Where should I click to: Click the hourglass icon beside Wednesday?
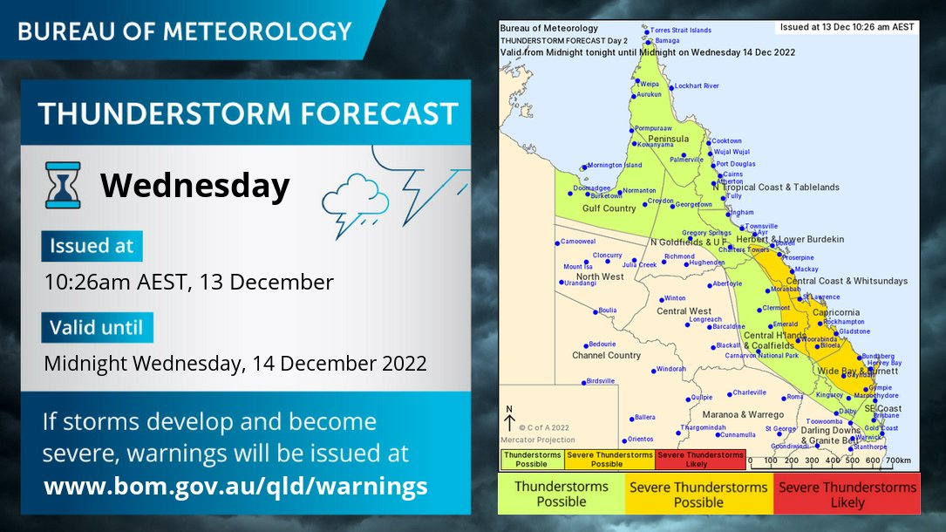pos(63,185)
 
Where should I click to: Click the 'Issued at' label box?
pos(92,246)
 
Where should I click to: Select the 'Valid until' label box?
pos(97,328)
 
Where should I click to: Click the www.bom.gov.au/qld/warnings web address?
pos(235,486)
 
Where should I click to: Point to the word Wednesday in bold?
pos(194,186)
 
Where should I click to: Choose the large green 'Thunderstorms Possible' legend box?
pos(561,494)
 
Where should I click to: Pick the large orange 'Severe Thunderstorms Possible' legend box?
pos(698,494)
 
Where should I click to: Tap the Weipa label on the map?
pos(650,84)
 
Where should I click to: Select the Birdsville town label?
pos(600,381)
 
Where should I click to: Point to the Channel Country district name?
pos(606,356)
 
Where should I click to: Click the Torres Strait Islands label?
pos(681,30)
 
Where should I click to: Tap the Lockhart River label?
pos(696,86)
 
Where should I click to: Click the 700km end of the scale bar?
pos(897,460)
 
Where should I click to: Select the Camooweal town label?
pos(577,242)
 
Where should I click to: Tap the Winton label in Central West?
pos(675,298)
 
